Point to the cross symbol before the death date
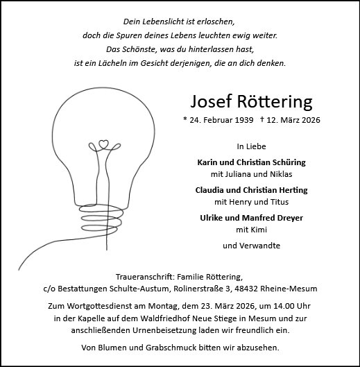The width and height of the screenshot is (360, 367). (x=262, y=120)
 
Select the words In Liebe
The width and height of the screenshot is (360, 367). (x=250, y=147)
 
